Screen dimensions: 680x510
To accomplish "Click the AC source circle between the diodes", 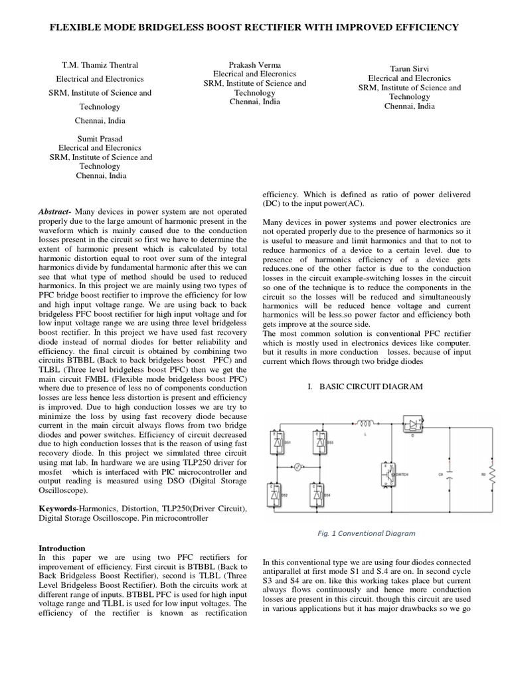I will (298, 467).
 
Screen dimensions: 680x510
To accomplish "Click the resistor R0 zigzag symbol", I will (491, 473).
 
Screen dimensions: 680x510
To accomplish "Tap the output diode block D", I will (414, 422).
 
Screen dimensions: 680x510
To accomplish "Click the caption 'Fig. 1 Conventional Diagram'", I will (367, 533).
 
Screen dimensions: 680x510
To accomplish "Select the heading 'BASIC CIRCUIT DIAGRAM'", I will (367, 386).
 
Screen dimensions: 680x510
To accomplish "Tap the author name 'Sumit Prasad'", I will (100, 139).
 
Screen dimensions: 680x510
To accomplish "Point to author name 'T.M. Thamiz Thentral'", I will (100, 65).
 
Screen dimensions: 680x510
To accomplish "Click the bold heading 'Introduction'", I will (62, 548).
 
